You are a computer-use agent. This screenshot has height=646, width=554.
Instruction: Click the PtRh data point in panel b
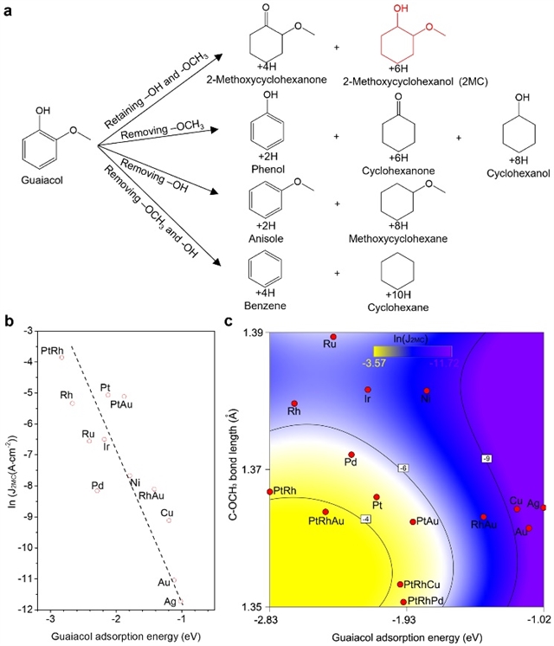click(62, 357)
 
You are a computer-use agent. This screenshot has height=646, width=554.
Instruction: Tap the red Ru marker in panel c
click(333, 337)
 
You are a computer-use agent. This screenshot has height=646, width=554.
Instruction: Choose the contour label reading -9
click(486, 457)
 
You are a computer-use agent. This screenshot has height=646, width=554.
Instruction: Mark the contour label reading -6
click(403, 468)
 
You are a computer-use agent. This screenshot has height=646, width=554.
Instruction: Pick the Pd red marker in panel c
click(351, 455)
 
